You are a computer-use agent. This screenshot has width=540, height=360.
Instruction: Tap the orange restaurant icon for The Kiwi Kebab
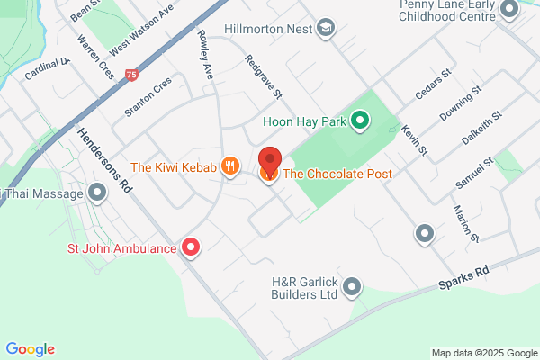coord(231,166)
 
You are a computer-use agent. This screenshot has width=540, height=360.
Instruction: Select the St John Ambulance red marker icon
coord(191,247)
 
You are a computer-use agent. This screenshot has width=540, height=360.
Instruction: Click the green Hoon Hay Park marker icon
coord(361,120)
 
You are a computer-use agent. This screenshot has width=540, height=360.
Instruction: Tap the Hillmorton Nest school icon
coord(326,28)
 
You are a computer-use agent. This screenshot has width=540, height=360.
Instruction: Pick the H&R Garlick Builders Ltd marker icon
coord(352,287)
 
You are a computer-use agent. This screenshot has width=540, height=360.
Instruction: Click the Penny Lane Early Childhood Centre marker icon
coord(509,11)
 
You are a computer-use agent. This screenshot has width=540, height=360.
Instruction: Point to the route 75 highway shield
coord(132,76)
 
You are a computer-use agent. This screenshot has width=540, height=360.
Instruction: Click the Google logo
coord(30,349)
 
